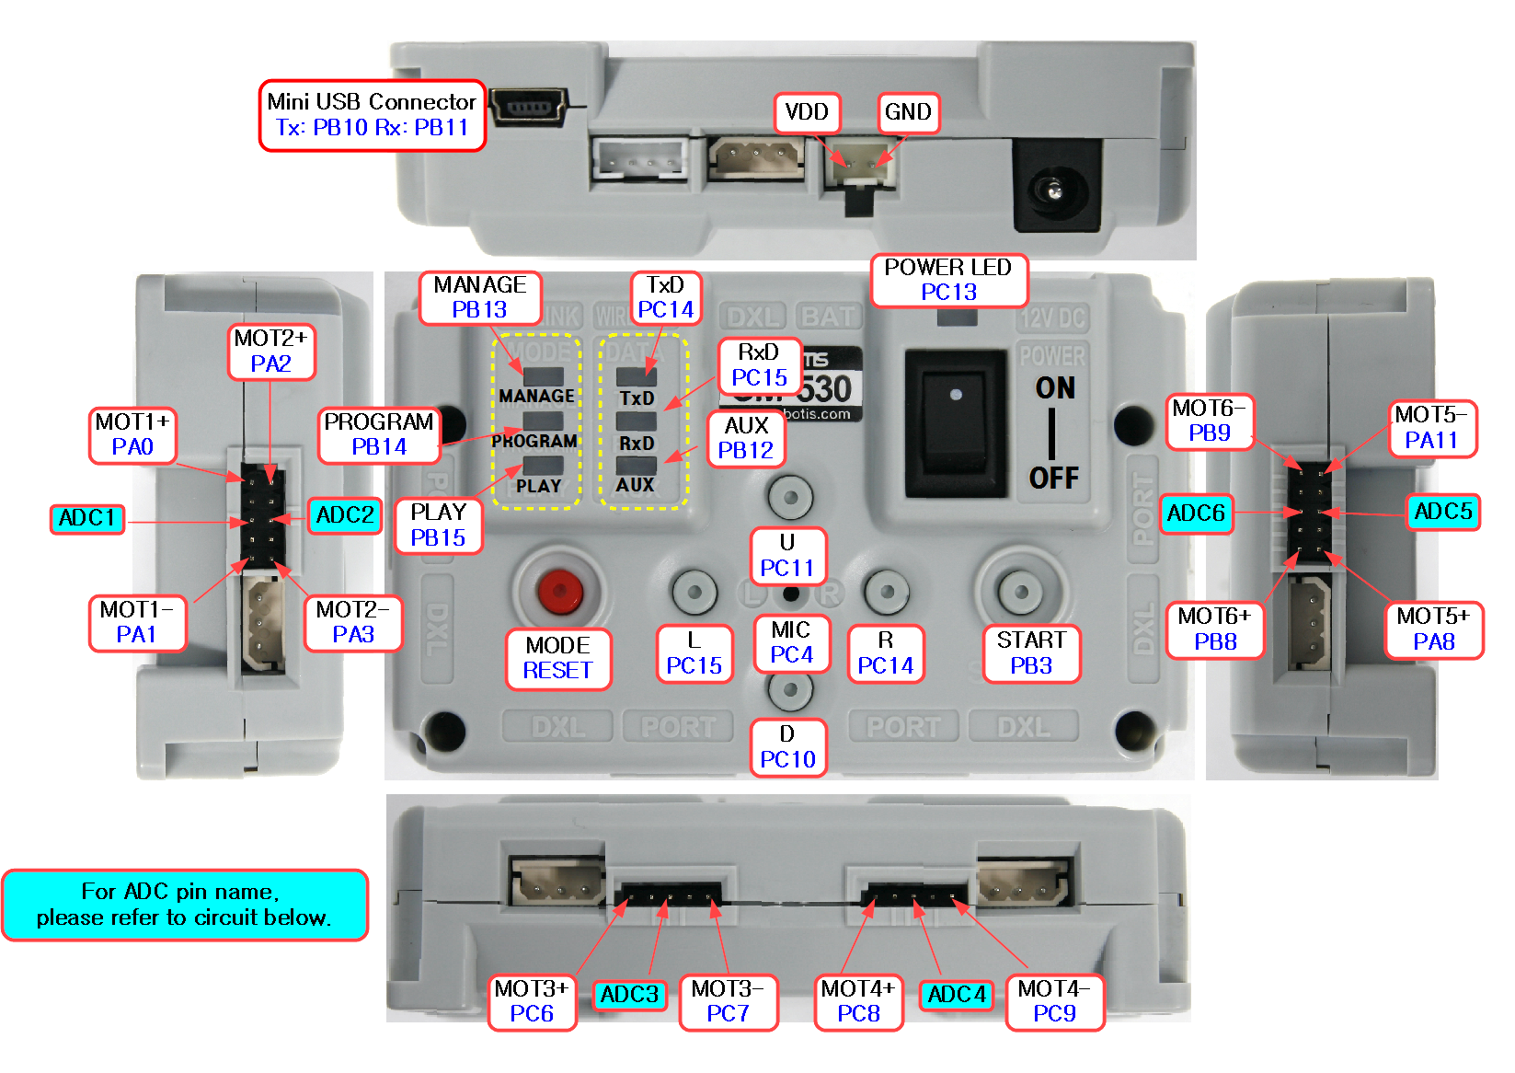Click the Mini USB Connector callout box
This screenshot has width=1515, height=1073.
(372, 115)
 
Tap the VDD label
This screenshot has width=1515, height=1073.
(807, 112)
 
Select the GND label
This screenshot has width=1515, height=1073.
(908, 112)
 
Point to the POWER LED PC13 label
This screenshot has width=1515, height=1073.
(948, 280)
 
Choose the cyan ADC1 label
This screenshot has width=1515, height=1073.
(86, 518)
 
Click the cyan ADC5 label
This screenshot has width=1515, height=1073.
(1443, 512)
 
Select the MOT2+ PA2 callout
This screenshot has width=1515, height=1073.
(270, 351)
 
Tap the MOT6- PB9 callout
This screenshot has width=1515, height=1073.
(1209, 421)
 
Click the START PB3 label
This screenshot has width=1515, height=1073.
(1031, 652)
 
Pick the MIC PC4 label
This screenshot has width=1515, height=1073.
(791, 642)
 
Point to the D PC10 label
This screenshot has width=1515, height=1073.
(787, 746)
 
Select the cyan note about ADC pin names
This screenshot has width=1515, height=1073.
(184, 905)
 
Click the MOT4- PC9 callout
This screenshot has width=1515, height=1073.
(1054, 1001)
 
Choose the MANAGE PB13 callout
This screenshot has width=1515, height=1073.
(479, 297)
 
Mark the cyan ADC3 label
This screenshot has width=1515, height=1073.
(629, 995)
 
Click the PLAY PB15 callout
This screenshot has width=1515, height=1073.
(439, 525)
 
